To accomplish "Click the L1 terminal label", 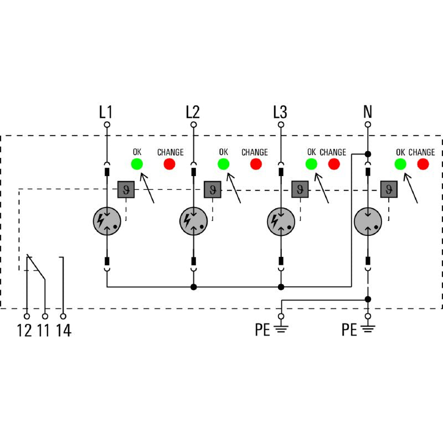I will (x=106, y=112).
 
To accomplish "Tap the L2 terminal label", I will (x=193, y=112).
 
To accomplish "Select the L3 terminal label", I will (x=280, y=112).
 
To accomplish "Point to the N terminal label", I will (x=367, y=112).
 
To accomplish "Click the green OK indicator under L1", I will (x=136, y=164).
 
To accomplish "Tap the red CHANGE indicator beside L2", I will (x=256, y=164).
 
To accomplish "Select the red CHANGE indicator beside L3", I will (x=334, y=164).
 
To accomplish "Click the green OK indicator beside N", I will (x=400, y=164).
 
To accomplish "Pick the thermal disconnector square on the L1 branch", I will (x=126, y=189).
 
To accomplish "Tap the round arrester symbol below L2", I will (x=193, y=221).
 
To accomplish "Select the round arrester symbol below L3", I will (x=280, y=221).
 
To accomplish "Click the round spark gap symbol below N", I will (x=368, y=221).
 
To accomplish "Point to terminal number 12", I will (x=24, y=331).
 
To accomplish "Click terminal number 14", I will (x=64, y=331).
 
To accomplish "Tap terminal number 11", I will (x=44, y=331).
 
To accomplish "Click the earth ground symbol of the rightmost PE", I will (x=368, y=330).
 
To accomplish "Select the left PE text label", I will (x=262, y=331).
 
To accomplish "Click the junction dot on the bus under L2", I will (x=193, y=287).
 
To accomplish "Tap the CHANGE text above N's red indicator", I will (x=422, y=152).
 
